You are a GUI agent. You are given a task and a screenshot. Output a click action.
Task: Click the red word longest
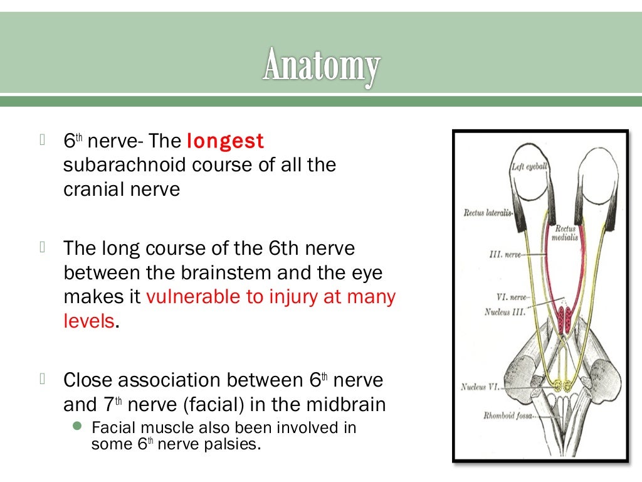point(226,142)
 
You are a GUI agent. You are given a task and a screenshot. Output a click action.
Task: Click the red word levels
point(89,321)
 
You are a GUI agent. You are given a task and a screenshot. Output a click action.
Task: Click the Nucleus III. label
point(506,311)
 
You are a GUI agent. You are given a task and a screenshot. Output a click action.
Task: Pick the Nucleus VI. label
point(480,387)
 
